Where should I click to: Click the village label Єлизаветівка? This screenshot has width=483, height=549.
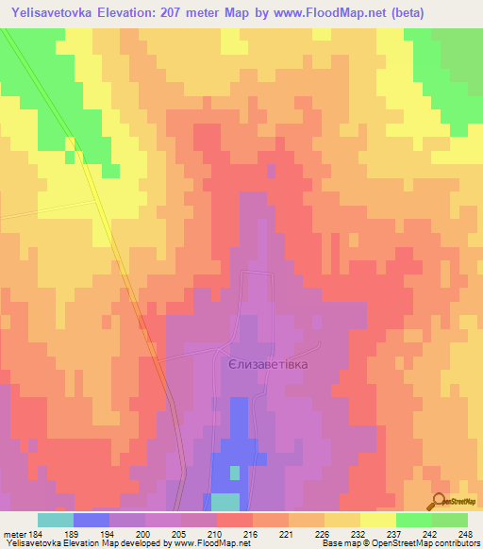click(x=269, y=362)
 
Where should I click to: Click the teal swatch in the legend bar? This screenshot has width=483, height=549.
click(x=56, y=520)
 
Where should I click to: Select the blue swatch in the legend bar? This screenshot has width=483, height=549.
click(x=92, y=520)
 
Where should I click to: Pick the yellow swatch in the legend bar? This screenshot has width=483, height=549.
click(x=377, y=520)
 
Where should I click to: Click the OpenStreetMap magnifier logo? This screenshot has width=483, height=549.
click(x=440, y=501)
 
